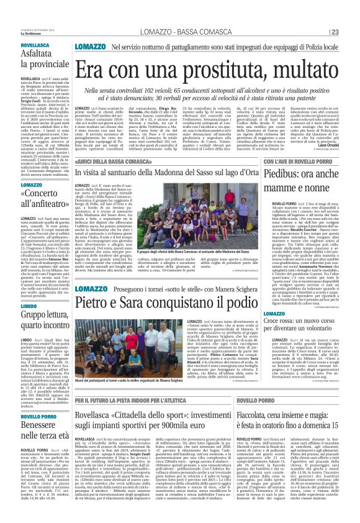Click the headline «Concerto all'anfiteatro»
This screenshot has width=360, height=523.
(34, 193)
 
